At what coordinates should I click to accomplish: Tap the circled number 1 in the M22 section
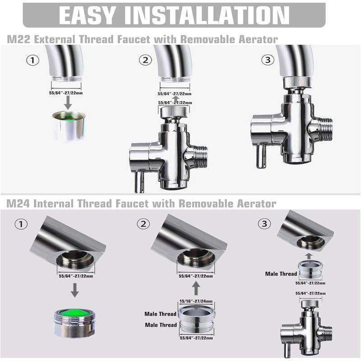click(32, 60)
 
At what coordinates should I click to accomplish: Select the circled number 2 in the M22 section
click(145, 60)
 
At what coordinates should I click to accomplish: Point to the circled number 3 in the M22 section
click(268, 60)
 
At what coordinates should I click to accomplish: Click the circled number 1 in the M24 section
click(21, 224)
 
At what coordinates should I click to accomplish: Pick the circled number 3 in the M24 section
click(264, 223)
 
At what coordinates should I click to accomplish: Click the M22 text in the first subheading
click(19, 39)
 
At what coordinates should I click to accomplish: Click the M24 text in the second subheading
click(18, 204)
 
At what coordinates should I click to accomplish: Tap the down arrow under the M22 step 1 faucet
click(68, 103)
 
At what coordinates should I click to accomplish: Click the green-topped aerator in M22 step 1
click(69, 126)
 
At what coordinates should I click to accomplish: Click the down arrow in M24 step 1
click(74, 290)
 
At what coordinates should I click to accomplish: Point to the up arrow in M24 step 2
click(196, 288)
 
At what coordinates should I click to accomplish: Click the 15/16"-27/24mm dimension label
click(196, 301)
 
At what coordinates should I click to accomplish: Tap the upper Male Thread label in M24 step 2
click(160, 314)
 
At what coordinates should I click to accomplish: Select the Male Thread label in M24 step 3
click(281, 274)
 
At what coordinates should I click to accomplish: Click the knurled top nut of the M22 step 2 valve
click(174, 112)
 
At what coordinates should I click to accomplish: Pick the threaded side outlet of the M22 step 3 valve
click(324, 130)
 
